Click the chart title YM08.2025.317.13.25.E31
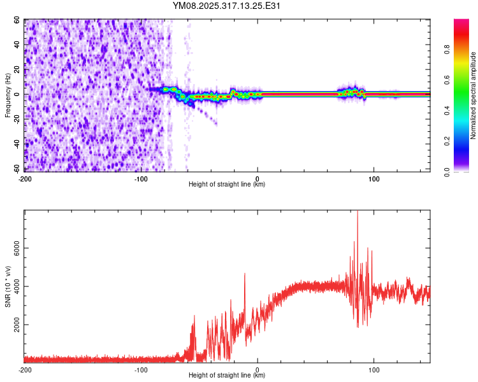pyautogui.click(x=227, y=6)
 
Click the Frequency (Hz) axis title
pyautogui.click(x=8, y=95)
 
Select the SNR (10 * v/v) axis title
pyautogui.click(x=8, y=286)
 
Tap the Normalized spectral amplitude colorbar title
pyautogui.click(x=474, y=95)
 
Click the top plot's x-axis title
pyautogui.click(x=227, y=185)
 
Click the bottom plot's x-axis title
pyautogui.click(x=227, y=376)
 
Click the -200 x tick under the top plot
pyautogui.click(x=25, y=178)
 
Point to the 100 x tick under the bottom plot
pyautogui.click(x=374, y=369)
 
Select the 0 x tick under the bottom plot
pyautogui.click(x=257, y=369)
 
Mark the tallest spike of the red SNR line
pyautogui.click(x=357, y=212)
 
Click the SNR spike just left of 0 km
pyautogui.click(x=245, y=274)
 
